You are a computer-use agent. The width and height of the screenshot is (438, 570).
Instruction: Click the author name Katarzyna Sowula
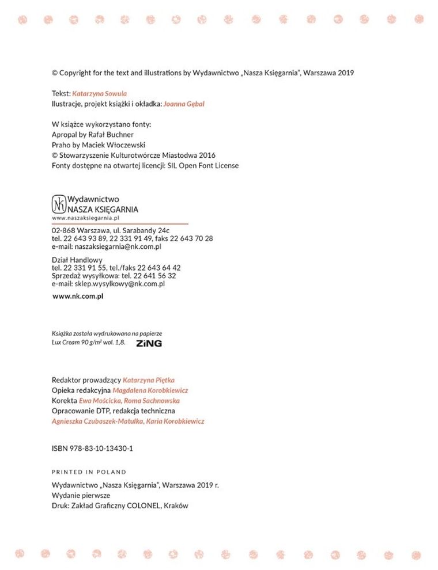pos(100,93)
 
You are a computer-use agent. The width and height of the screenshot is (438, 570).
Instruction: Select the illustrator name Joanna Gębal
pos(184,104)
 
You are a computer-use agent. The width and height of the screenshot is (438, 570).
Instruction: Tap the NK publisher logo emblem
pos(59,204)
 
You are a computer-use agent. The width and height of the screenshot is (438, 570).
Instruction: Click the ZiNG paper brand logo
pos(149,343)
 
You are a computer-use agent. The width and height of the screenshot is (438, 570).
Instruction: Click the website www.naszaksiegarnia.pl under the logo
pos(85,218)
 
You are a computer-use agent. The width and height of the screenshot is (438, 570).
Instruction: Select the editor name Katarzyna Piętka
pos(149,380)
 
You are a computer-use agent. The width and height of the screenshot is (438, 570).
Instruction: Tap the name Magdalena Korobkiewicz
pos(150,390)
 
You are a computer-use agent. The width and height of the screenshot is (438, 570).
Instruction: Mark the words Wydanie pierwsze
pos(81,495)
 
